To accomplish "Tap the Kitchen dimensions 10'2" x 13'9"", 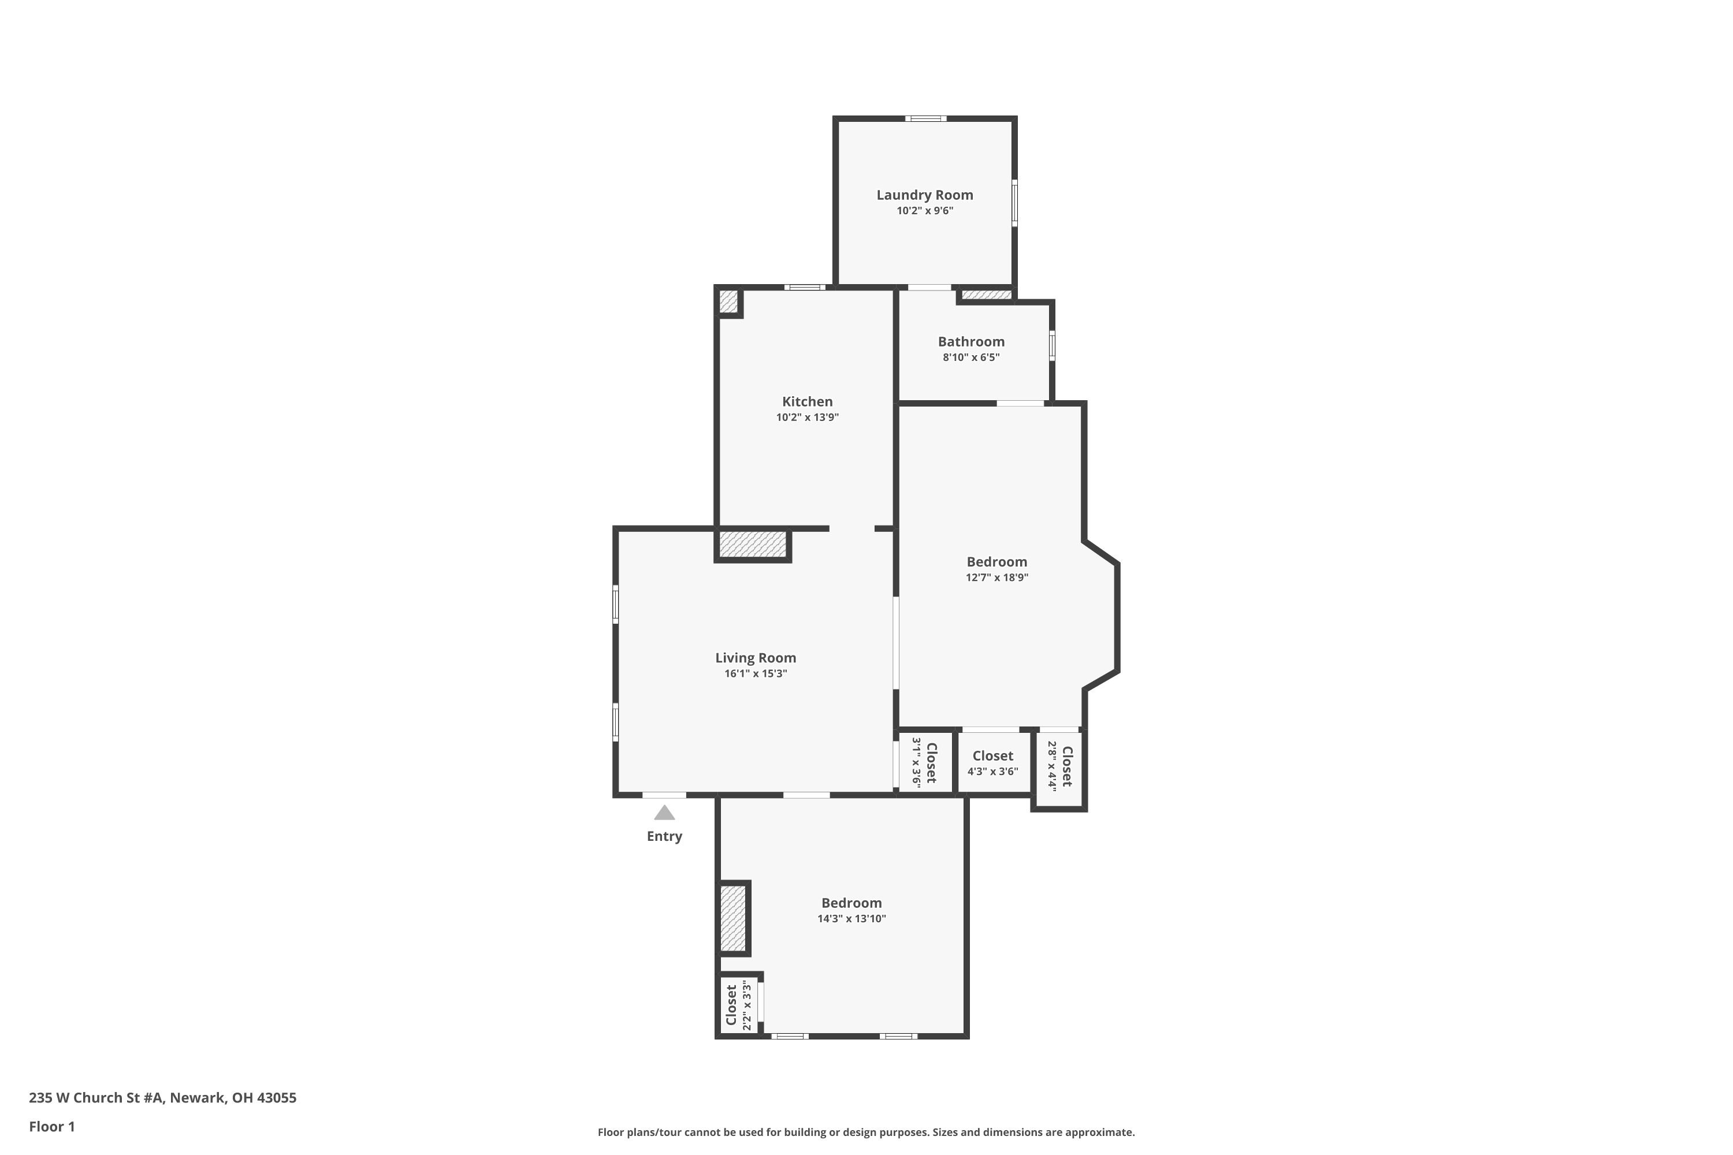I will (x=807, y=418).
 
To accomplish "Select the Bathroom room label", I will (x=970, y=342).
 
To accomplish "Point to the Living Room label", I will (x=755, y=658).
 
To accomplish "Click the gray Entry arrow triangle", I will (x=664, y=813).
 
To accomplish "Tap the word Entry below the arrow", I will (x=664, y=836).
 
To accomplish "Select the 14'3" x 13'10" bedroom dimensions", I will (x=851, y=919).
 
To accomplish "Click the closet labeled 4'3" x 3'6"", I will (x=992, y=763).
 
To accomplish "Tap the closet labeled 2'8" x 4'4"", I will (x=1059, y=767).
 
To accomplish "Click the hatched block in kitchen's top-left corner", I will (x=728, y=301).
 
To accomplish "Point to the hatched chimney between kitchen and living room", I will (x=752, y=545).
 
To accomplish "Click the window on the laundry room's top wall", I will (x=925, y=118).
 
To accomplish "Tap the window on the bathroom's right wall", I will (x=1051, y=345).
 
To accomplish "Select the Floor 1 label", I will (x=51, y=1126).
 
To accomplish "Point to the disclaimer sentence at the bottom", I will (x=866, y=1132).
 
